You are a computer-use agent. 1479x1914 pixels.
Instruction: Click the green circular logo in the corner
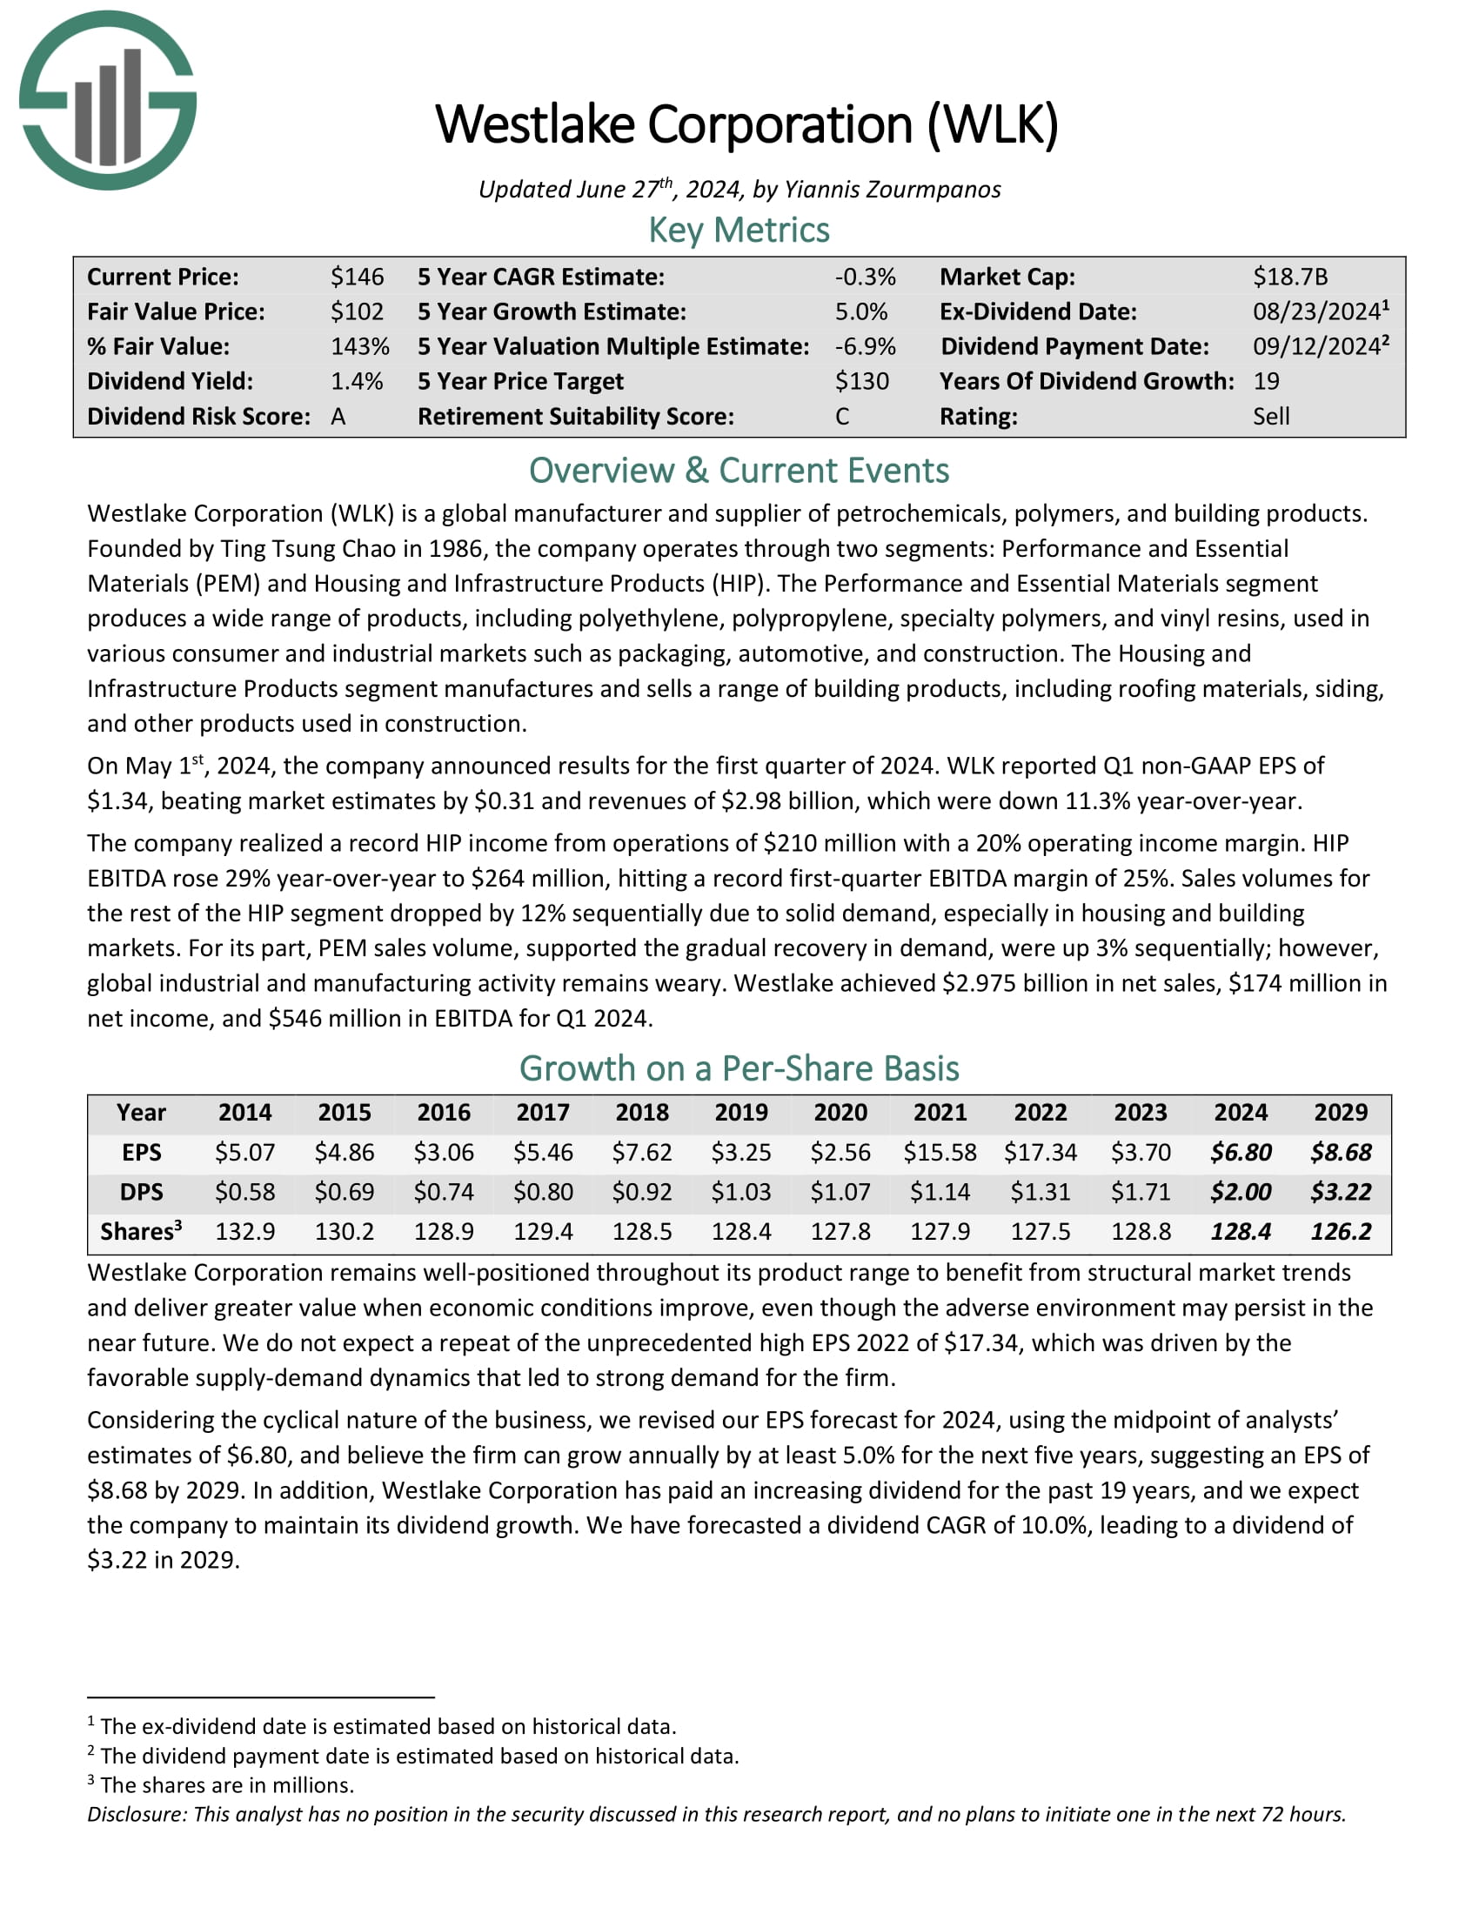[108, 101]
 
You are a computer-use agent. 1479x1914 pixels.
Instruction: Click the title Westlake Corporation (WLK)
[746, 124]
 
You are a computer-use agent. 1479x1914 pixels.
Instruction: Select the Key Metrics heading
[739, 231]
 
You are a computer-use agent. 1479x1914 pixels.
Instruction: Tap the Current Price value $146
[357, 277]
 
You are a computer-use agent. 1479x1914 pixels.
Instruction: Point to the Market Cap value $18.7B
[1289, 277]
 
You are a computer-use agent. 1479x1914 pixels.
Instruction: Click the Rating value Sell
[1270, 416]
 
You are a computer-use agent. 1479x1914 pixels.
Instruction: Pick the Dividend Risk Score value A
[338, 416]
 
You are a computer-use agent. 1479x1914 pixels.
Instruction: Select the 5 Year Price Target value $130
[861, 381]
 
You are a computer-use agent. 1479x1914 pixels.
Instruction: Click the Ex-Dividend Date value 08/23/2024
[1316, 312]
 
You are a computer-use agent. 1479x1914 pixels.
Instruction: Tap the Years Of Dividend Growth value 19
[1266, 381]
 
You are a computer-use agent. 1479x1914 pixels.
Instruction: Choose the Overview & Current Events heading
[739, 471]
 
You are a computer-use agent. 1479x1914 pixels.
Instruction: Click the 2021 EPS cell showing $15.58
[940, 1152]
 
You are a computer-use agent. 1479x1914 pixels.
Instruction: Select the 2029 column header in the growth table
[1341, 1112]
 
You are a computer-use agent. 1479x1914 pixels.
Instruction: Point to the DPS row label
[141, 1192]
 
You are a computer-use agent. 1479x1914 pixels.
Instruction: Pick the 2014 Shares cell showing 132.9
[244, 1231]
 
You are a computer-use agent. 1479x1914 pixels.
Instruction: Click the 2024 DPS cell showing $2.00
[1241, 1192]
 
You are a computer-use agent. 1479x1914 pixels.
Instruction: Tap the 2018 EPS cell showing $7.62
[641, 1152]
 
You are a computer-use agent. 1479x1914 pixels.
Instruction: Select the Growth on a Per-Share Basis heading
[739, 1069]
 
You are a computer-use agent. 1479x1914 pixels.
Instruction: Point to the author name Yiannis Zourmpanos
[892, 190]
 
